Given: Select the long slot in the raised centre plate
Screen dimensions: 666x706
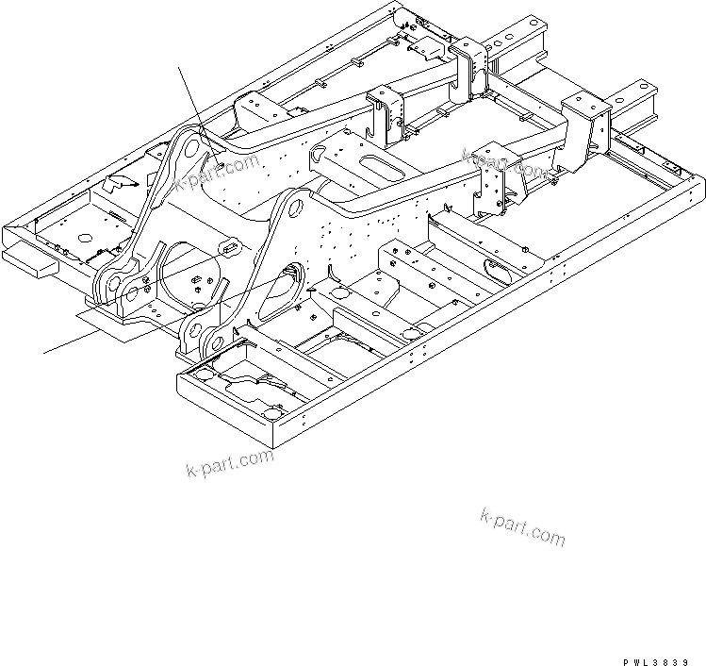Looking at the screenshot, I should click(x=385, y=168).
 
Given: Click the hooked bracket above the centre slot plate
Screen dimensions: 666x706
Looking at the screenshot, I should click(x=386, y=111).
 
